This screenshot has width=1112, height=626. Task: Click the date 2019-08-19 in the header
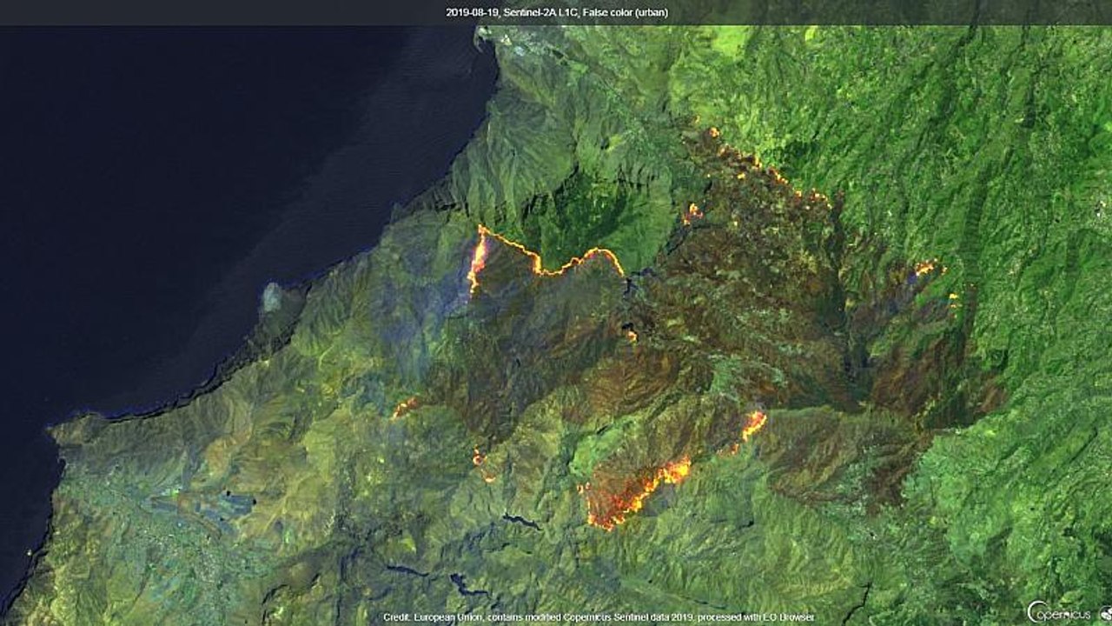(x=472, y=13)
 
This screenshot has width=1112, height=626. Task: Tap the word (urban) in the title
(x=650, y=13)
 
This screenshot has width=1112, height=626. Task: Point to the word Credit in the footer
(x=395, y=617)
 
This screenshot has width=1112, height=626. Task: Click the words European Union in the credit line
(x=443, y=617)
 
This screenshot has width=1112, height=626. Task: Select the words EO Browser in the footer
(x=794, y=617)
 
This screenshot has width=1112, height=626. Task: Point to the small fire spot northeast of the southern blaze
(x=753, y=424)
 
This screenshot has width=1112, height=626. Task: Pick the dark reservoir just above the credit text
(x=467, y=584)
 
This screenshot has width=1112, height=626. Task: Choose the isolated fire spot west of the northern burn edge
(x=692, y=211)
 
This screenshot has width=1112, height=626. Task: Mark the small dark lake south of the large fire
(x=521, y=521)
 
